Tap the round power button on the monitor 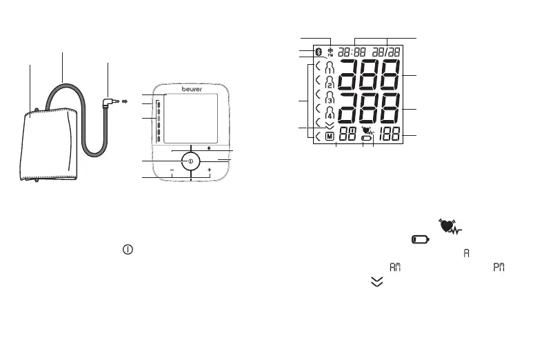tap(190, 161)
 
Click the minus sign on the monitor tap(172, 170)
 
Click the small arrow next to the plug tap(125, 101)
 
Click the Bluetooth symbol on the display tap(319, 52)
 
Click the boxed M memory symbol tap(330, 136)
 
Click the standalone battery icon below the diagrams tap(420, 240)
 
